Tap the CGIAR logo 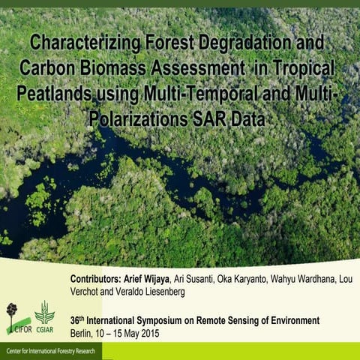(x=44, y=317)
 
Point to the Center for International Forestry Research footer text (x=51, y=351)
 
